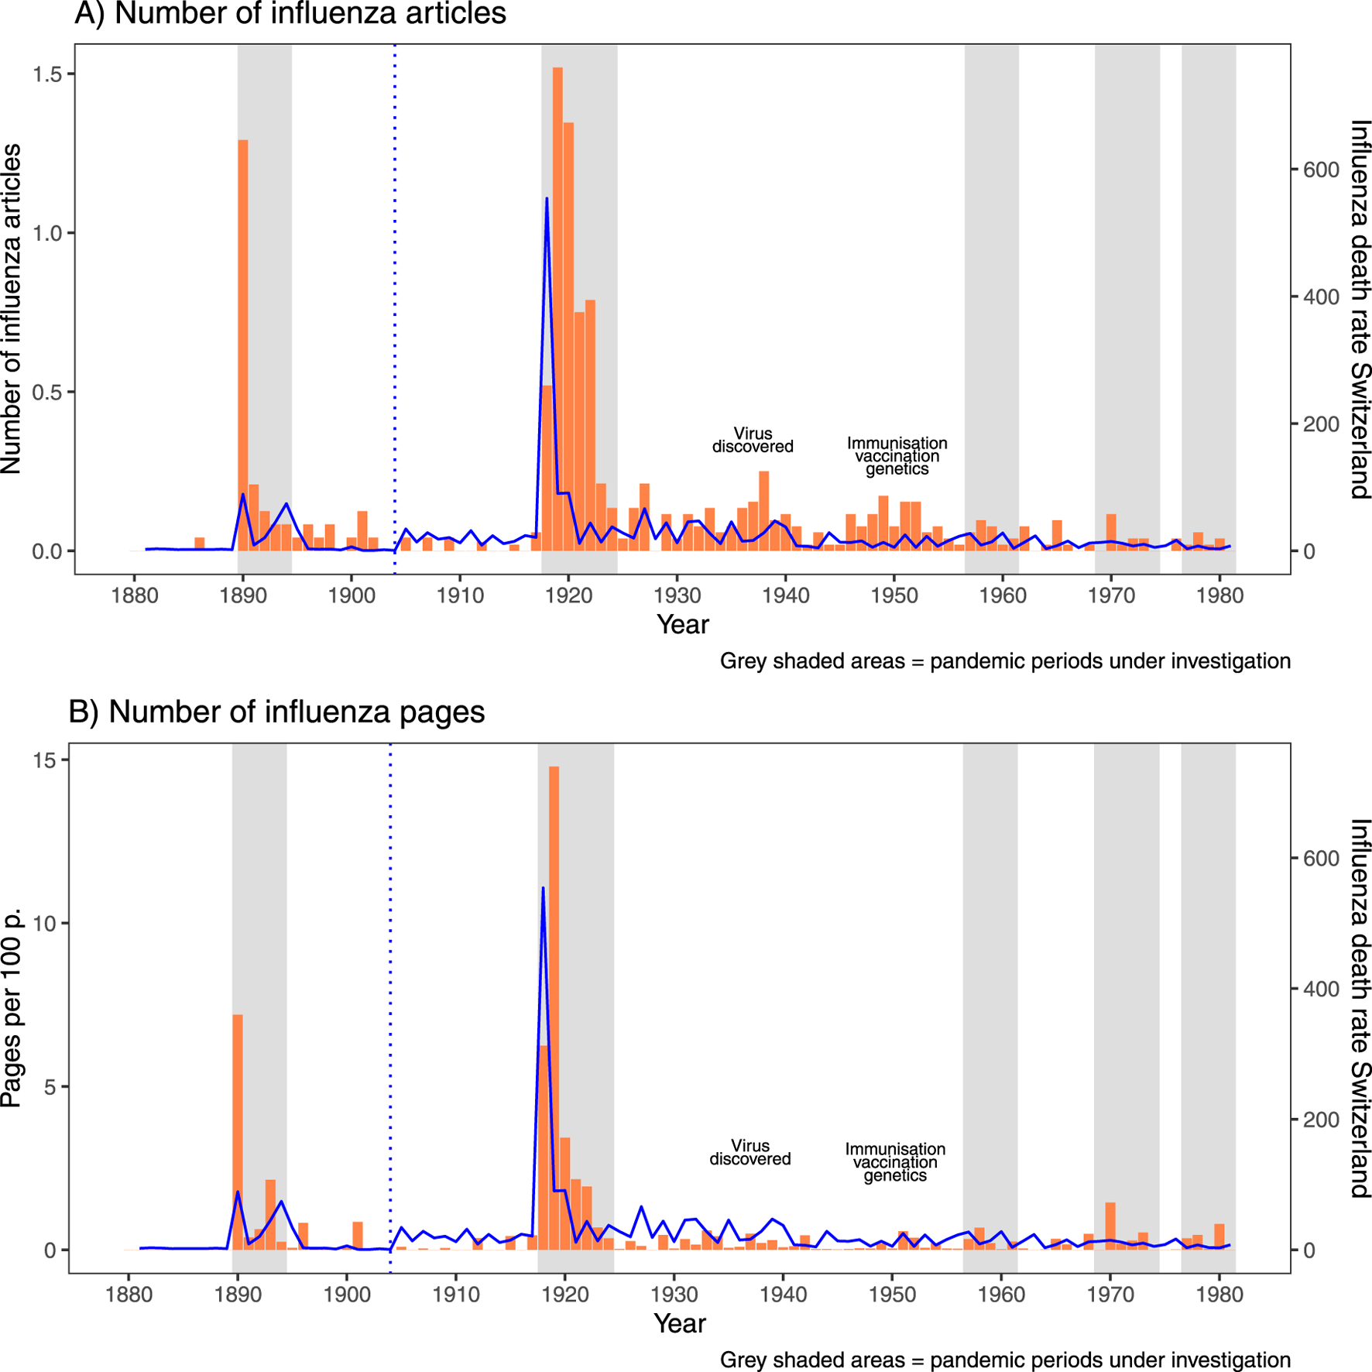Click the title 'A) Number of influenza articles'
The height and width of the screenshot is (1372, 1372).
290,14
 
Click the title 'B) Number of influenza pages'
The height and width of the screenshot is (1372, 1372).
276,712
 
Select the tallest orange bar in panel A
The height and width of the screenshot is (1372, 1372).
557,310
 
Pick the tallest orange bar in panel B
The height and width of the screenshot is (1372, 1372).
554,1007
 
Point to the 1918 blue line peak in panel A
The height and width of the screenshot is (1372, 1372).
547,200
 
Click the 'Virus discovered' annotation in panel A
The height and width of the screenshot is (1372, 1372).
753,440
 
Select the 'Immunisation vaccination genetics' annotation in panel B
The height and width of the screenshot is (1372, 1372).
895,1162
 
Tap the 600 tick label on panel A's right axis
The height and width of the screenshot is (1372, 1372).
1321,170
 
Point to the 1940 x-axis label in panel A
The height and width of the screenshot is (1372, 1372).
785,595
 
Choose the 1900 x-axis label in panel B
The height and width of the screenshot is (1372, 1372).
346,1295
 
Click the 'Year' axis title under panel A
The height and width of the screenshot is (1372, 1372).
682,625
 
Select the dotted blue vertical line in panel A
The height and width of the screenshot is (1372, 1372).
395,310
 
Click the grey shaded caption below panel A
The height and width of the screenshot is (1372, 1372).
1005,661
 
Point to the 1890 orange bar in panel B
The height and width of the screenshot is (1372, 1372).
238,1131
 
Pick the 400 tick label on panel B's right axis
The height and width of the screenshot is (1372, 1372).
1321,990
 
